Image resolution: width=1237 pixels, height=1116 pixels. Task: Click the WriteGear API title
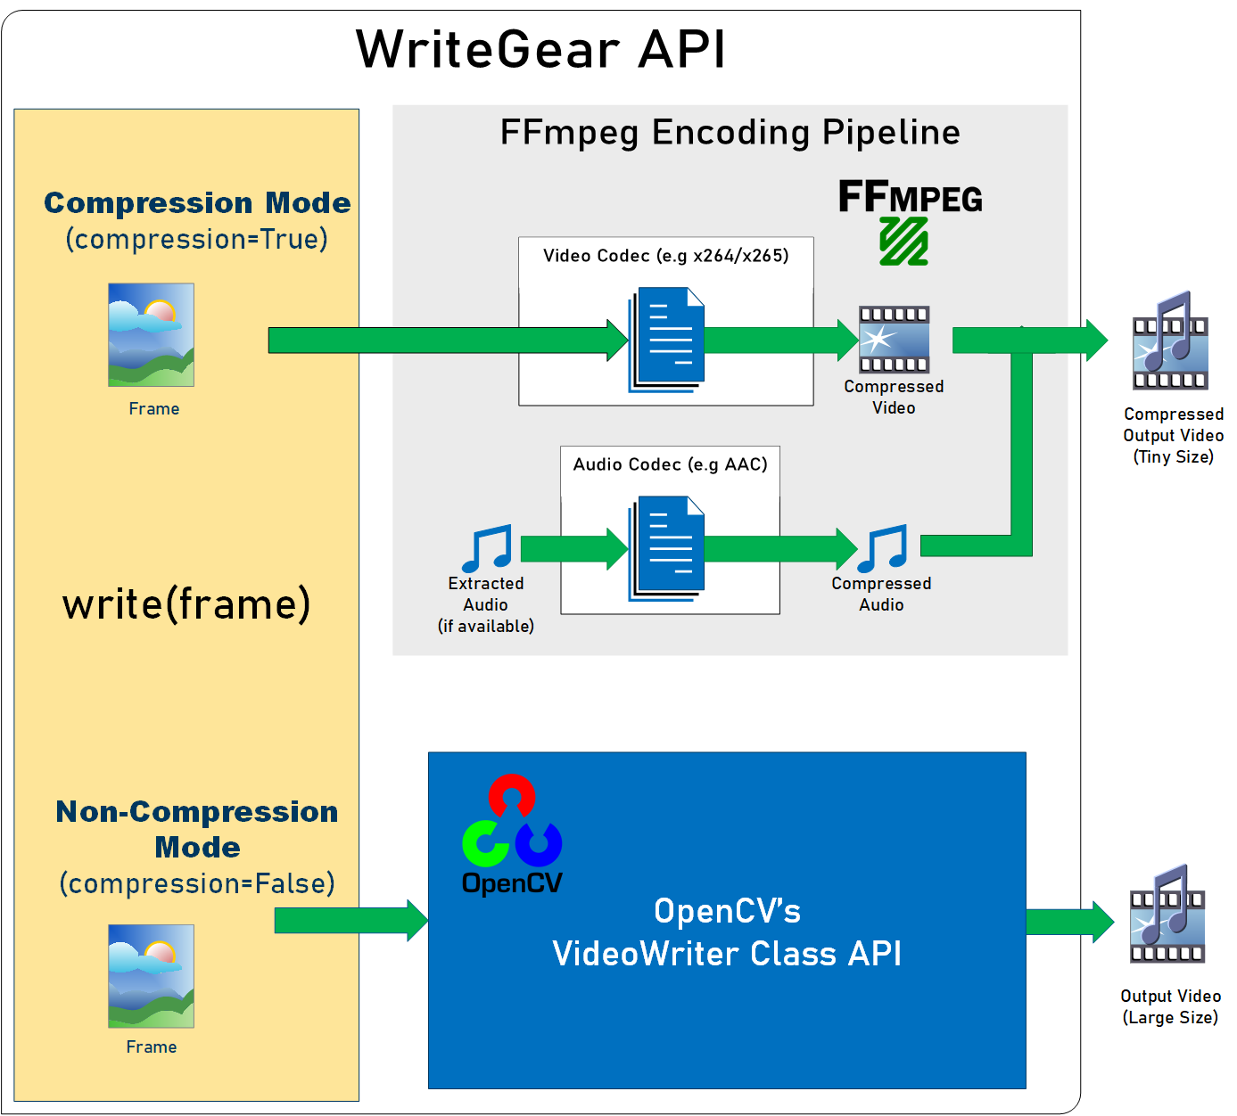click(540, 49)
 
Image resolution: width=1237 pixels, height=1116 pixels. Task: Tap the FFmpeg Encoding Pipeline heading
click(730, 133)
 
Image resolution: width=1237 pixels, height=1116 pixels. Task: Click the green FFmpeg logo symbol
click(903, 241)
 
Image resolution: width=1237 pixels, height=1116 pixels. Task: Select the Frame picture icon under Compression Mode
click(151, 334)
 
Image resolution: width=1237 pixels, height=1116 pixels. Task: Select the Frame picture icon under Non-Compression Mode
click(151, 975)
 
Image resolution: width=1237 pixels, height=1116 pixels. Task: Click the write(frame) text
click(186, 604)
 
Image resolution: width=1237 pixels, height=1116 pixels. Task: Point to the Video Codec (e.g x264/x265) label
click(665, 256)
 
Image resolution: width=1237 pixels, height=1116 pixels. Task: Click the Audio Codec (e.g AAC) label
click(670, 464)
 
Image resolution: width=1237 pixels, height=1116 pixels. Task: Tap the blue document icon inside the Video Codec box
click(667, 339)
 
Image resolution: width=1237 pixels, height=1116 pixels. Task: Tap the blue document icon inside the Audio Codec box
click(667, 548)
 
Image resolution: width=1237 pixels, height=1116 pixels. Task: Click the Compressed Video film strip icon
click(894, 340)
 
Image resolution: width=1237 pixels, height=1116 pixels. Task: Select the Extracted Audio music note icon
click(487, 548)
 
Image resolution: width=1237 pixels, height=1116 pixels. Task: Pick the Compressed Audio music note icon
click(882, 548)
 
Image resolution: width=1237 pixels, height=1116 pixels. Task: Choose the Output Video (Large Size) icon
click(1167, 916)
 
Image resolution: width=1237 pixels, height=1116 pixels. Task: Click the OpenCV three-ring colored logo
click(512, 822)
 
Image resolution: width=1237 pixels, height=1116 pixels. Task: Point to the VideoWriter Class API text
click(727, 954)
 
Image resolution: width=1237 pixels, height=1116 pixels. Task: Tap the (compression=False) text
click(197, 883)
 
